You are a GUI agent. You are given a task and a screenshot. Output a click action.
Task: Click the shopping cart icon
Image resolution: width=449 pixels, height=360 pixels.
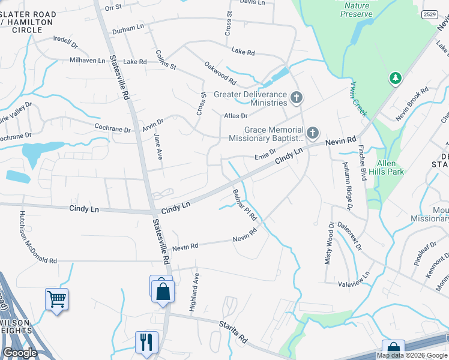(x=56, y=298)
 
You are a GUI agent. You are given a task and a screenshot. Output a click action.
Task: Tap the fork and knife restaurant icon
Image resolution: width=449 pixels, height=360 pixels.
(x=146, y=341)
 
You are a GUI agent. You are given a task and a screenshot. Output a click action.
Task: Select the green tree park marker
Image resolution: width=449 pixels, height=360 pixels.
(x=395, y=78)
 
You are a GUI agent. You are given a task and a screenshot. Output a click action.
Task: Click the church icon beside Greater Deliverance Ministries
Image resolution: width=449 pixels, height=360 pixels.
(x=296, y=97)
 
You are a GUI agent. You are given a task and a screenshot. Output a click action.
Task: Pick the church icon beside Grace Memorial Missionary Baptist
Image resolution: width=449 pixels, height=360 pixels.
(x=312, y=133)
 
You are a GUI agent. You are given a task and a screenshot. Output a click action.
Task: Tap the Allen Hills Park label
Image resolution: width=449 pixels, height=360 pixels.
(x=390, y=167)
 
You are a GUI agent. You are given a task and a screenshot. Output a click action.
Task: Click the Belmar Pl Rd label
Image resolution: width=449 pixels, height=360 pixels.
(x=245, y=205)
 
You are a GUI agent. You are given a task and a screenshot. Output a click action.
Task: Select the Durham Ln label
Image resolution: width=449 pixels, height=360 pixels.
(x=128, y=27)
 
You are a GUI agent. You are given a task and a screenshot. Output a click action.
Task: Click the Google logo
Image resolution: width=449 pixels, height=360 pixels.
(x=20, y=353)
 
